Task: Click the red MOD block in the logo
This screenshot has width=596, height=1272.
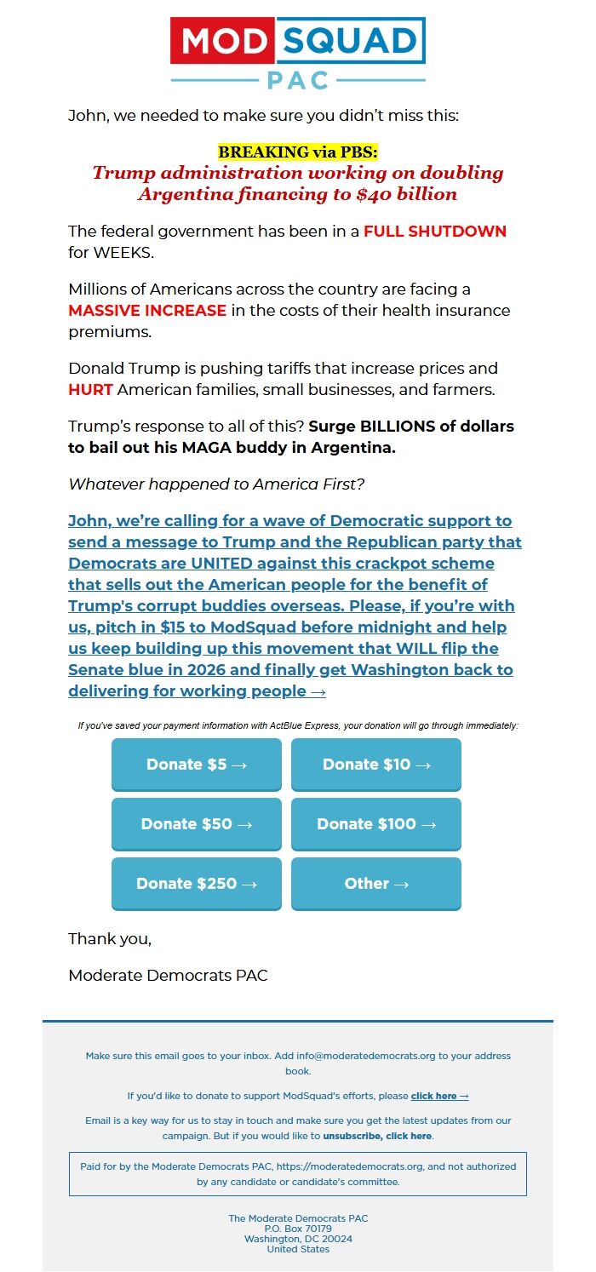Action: (x=222, y=41)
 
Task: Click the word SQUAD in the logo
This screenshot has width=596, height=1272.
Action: (x=350, y=41)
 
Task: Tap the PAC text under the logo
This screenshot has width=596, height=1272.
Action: (x=298, y=81)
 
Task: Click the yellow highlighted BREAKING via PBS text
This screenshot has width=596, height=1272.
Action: (x=298, y=152)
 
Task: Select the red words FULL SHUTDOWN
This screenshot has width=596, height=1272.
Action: (x=434, y=232)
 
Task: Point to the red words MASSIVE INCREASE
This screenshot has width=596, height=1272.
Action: (x=147, y=310)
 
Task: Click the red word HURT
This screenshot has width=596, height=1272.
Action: (x=90, y=390)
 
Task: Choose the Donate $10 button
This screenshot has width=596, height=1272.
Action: (x=376, y=765)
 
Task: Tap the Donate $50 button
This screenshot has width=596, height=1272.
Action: (x=197, y=824)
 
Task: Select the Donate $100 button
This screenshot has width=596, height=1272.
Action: (x=376, y=824)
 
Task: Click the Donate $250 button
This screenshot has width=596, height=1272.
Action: (x=197, y=884)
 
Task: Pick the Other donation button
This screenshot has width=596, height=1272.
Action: (x=376, y=884)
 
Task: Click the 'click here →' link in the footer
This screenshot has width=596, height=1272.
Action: (x=439, y=1096)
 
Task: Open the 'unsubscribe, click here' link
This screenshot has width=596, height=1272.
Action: (x=377, y=1136)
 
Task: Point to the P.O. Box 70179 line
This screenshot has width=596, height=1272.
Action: (x=298, y=1229)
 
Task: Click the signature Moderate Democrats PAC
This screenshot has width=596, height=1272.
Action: (x=168, y=976)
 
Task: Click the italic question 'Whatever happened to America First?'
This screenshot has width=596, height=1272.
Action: (x=216, y=484)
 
